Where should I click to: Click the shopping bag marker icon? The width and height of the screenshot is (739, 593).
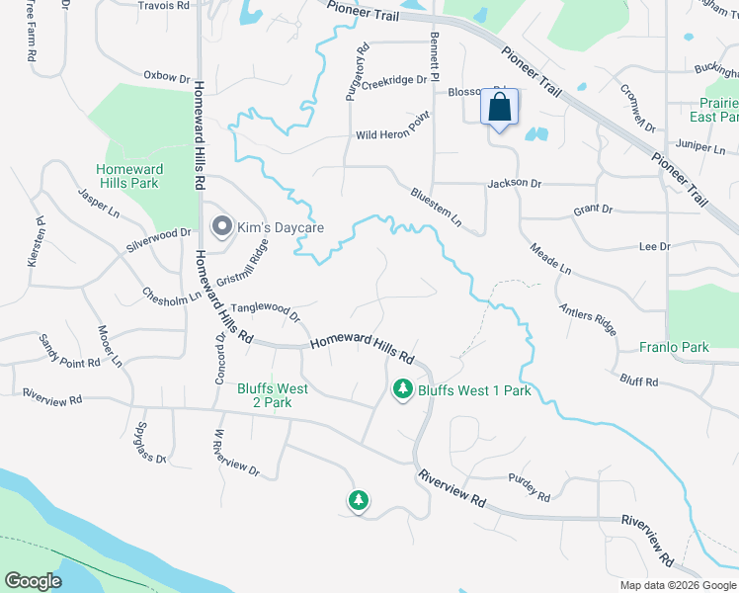pos(499,107)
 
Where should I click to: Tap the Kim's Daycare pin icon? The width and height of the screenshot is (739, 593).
pos(221,227)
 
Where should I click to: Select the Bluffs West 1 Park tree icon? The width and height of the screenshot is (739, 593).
pos(402,390)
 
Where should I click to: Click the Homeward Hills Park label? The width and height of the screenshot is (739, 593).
pos(129,176)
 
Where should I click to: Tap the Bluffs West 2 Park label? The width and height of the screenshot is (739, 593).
pos(273,395)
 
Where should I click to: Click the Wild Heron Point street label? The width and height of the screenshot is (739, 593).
pos(393,134)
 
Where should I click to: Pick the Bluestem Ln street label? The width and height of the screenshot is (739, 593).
pos(436,207)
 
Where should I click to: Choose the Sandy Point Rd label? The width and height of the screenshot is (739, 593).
pos(69,351)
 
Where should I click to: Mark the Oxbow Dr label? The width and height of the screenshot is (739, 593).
pos(166,76)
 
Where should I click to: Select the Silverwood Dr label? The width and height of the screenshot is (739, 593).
pos(158,238)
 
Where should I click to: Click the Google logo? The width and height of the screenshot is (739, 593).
pos(34,581)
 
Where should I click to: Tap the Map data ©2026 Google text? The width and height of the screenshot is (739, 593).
pos(677,585)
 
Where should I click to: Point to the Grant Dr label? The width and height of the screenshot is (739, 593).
pos(593,211)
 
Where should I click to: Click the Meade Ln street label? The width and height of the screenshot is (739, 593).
pos(551,259)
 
